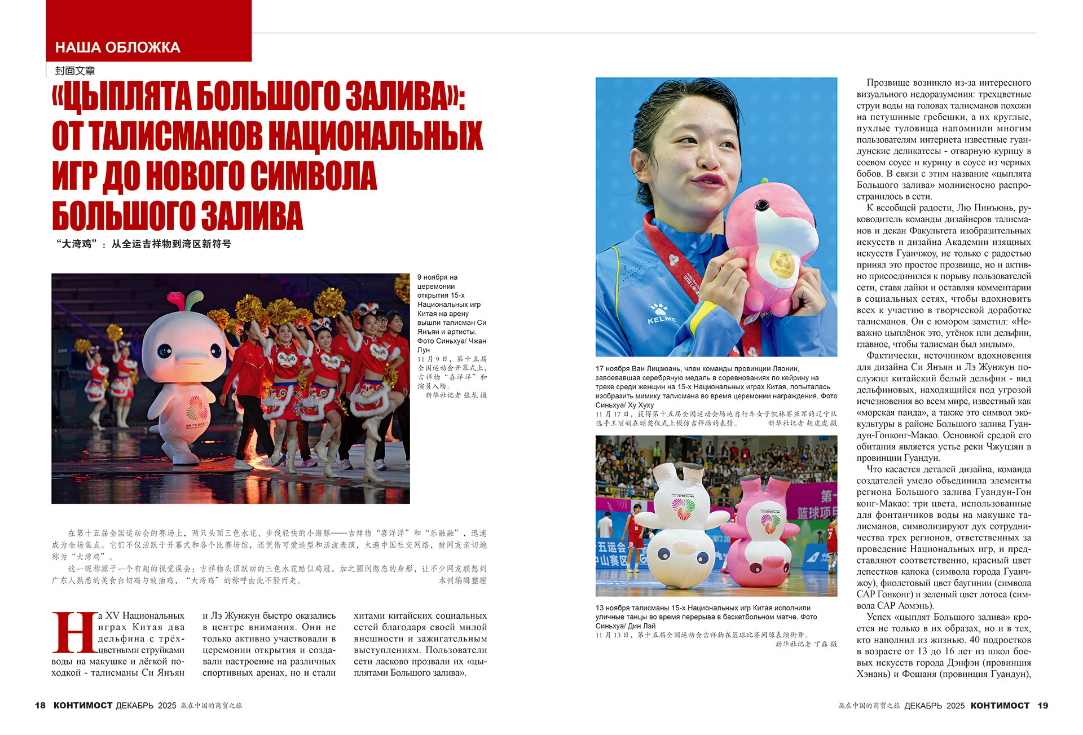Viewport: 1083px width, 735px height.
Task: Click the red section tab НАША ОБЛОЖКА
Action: click(x=118, y=47)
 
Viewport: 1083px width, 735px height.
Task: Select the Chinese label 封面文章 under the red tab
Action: click(x=75, y=71)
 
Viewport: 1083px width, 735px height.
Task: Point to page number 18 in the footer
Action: click(x=40, y=706)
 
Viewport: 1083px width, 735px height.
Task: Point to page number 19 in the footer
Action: click(x=1043, y=706)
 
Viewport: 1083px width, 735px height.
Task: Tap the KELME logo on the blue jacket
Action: click(x=661, y=319)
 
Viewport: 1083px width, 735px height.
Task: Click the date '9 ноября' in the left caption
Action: click(x=437, y=278)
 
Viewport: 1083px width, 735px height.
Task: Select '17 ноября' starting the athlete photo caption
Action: click(x=614, y=369)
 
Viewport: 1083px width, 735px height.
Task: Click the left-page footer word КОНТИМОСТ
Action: click(x=83, y=706)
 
